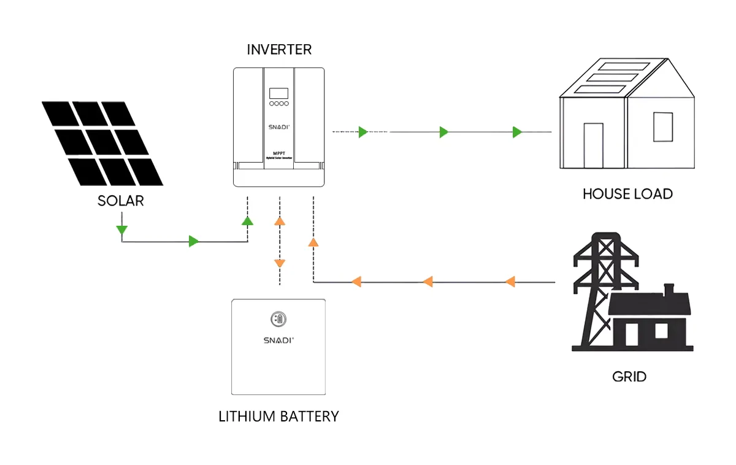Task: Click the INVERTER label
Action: [x=279, y=50]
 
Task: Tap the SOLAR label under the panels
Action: [x=120, y=201]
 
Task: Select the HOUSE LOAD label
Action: [x=627, y=194]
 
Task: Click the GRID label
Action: [x=629, y=376]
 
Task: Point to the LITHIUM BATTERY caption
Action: [x=278, y=417]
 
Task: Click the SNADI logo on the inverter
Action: [x=278, y=126]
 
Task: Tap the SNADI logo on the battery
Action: [x=278, y=339]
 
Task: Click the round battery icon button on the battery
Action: [x=278, y=319]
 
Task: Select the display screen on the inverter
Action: [x=278, y=93]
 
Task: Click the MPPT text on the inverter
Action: [x=278, y=152]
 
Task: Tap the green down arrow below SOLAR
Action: [x=121, y=230]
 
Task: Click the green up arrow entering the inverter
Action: [x=247, y=221]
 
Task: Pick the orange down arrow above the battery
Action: [x=280, y=263]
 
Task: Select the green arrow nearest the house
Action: [x=517, y=132]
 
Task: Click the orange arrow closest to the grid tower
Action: [x=510, y=282]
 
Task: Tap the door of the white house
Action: [x=594, y=145]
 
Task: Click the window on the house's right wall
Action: [x=662, y=127]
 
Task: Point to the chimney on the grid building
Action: [x=669, y=288]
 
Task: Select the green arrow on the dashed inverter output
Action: [x=362, y=132]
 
